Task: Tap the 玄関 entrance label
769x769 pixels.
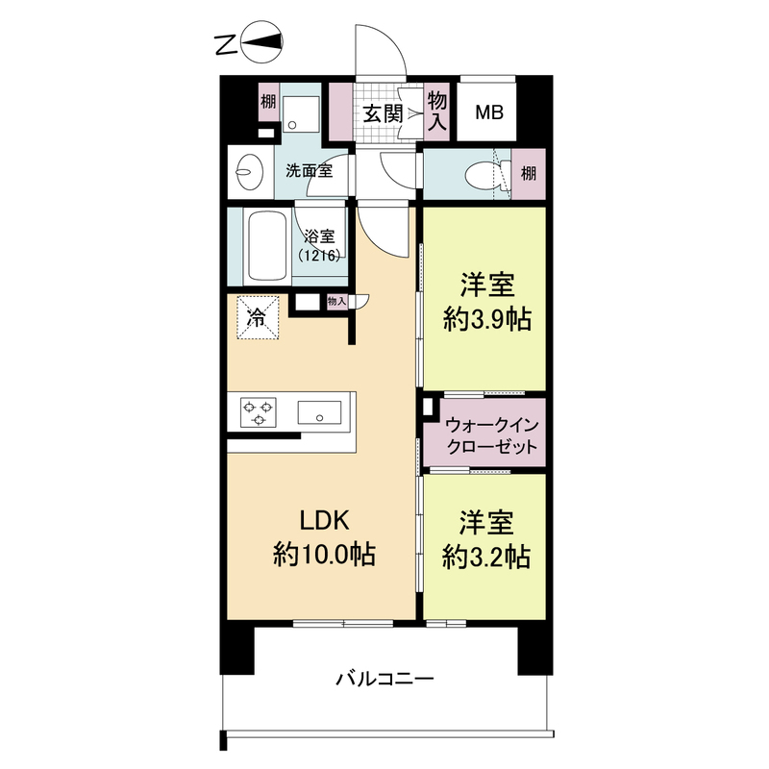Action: click(382, 112)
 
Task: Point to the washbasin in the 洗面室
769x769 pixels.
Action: click(248, 174)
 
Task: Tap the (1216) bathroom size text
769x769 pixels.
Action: click(317, 257)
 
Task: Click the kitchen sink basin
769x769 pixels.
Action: click(318, 414)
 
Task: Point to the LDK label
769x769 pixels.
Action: click(323, 520)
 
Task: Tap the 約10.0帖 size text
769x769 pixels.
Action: click(323, 555)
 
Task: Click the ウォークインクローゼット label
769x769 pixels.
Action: click(485, 436)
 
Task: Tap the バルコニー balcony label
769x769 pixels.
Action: click(384, 679)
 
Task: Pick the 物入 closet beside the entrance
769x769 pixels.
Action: click(437, 112)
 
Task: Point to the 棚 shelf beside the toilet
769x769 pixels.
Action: click(529, 174)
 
